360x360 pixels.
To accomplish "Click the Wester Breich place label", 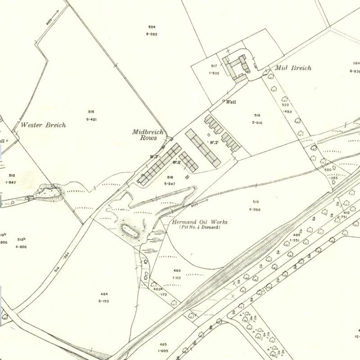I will (x=44, y=125).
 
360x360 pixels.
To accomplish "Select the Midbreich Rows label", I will (x=144, y=135).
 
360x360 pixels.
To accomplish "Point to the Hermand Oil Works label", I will (x=199, y=222).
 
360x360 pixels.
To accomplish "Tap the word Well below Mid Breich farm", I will (x=231, y=102).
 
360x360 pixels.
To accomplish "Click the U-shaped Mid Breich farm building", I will (x=237, y=67).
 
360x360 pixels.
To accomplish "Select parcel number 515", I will (x=91, y=112).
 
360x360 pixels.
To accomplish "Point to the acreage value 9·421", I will (x=91, y=119).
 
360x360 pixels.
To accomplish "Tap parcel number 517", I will (x=214, y=66).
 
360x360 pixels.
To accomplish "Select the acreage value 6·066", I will (x=255, y=209).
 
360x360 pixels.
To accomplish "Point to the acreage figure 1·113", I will (x=177, y=278).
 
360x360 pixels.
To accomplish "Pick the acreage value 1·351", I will (x=295, y=240).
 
